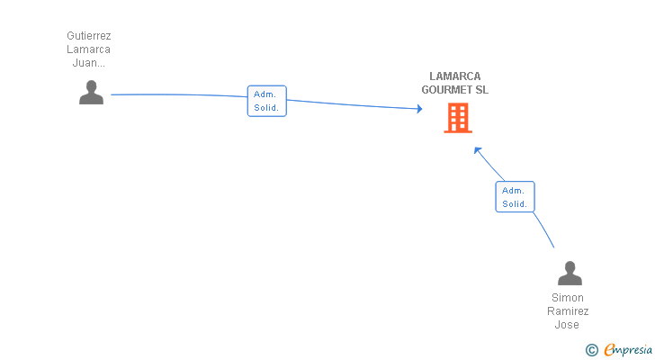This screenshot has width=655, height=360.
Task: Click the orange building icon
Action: tap(457, 118)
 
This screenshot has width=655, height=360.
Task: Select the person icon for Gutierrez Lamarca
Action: tap(91, 93)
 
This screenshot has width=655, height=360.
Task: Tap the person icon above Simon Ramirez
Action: tap(570, 273)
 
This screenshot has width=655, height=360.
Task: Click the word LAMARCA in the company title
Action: tap(454, 76)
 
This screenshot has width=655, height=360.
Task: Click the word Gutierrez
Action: tap(89, 36)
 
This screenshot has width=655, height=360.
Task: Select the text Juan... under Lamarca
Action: tap(89, 63)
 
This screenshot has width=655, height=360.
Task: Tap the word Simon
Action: tap(568, 298)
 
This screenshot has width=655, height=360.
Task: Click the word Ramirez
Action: tap(568, 311)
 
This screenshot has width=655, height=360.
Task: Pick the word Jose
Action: tap(568, 325)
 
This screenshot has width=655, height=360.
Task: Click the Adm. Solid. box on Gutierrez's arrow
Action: tap(266, 101)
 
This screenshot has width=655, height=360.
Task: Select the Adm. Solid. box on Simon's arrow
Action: tap(515, 196)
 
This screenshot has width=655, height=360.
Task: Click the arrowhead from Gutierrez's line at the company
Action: tap(418, 109)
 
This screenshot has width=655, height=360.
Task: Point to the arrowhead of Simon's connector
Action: tap(478, 150)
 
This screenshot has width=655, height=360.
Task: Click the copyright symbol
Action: tap(591, 350)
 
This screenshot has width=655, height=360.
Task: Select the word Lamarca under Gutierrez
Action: tap(89, 49)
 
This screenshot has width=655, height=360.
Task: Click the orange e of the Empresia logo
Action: tap(609, 350)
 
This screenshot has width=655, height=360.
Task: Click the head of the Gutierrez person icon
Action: tap(91, 85)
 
